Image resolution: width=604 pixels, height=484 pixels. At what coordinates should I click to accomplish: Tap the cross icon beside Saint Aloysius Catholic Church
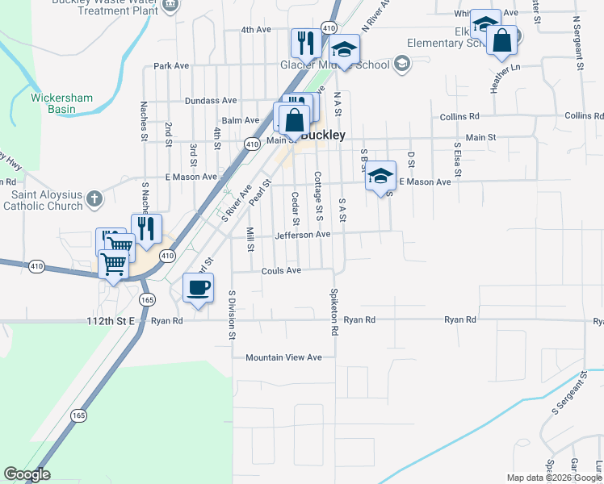click(x=94, y=198)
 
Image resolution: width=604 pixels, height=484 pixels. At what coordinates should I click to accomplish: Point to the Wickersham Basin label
click(x=61, y=104)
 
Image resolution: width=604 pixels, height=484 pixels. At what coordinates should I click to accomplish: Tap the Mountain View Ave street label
click(x=283, y=357)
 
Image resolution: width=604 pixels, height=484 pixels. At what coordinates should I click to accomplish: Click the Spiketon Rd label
click(x=333, y=311)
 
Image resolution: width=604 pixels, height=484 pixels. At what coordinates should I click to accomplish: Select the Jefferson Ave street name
click(x=303, y=235)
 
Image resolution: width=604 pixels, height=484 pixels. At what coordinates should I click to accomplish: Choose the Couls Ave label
click(x=281, y=271)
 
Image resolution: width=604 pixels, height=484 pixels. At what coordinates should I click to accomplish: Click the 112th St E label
click(x=115, y=320)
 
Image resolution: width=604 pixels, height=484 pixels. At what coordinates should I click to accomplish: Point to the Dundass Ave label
click(x=210, y=101)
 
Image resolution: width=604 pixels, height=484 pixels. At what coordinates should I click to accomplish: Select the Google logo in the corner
click(x=27, y=474)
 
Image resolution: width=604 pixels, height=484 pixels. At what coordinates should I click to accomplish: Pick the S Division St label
click(x=232, y=314)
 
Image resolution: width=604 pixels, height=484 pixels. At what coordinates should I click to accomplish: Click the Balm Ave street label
click(x=241, y=120)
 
